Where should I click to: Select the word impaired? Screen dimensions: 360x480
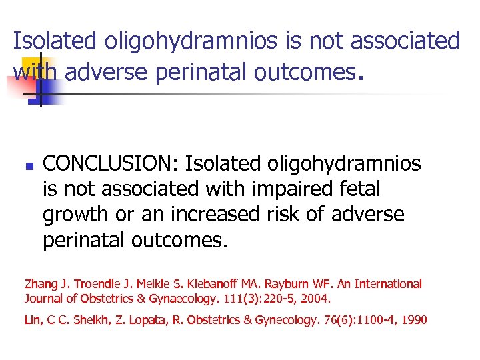click(x=291, y=189)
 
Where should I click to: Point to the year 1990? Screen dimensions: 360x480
click(x=413, y=321)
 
